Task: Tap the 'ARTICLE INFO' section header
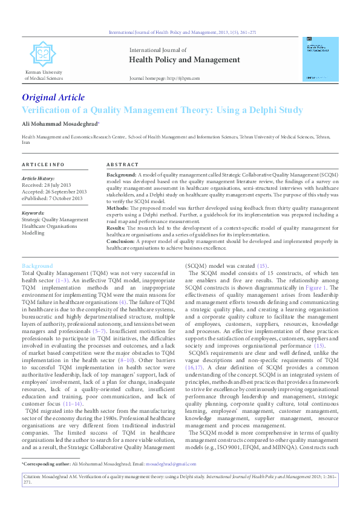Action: (43, 165)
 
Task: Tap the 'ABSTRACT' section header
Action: (123, 165)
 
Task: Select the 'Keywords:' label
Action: (33, 213)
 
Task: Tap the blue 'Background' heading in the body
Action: (38, 266)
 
